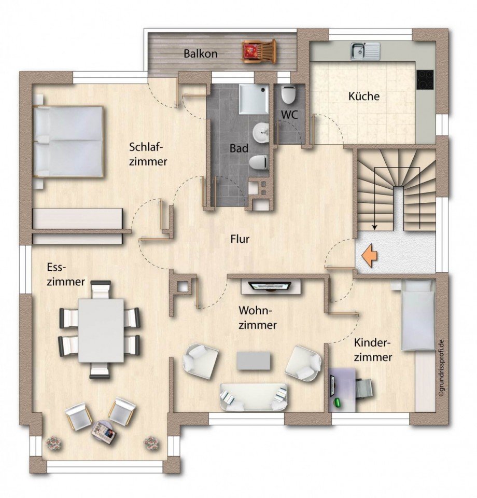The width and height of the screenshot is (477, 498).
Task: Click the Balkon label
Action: click(200, 53)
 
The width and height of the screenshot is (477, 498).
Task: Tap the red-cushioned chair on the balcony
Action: click(258, 52)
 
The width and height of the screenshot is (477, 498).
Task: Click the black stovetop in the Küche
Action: click(426, 79)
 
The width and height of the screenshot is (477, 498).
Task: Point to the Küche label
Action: click(363, 96)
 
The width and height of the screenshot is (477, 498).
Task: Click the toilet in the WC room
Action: click(288, 94)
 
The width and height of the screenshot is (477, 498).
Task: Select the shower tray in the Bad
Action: click(254, 98)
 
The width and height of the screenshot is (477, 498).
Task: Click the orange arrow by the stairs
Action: click(369, 257)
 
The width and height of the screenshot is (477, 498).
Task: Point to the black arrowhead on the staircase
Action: click(374, 227)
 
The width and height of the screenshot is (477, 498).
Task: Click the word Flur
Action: click(241, 239)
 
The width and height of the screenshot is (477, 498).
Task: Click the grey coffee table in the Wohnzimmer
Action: click(254, 361)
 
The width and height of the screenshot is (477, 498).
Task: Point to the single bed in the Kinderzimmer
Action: click(418, 314)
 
